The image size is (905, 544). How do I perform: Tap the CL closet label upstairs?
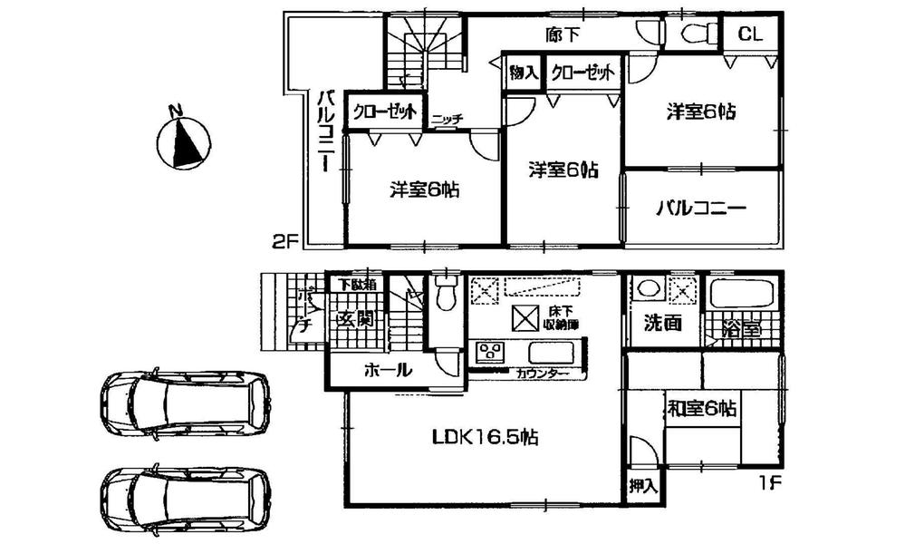tap(748, 34)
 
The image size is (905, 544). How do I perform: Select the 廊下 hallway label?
tap(563, 34)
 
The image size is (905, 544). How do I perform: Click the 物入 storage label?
tap(525, 72)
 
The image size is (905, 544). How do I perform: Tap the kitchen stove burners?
tap(491, 352)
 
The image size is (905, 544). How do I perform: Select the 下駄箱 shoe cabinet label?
tap(354, 284)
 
